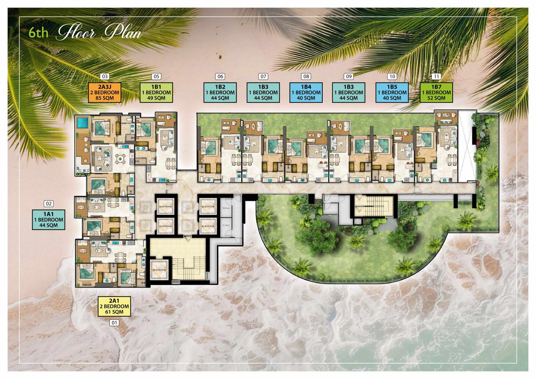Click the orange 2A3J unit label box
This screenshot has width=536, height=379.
point(105,92)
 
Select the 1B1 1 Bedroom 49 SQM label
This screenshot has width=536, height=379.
point(156,92)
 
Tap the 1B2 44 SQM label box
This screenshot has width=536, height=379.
point(220,92)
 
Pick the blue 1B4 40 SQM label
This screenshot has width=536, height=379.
point(306,92)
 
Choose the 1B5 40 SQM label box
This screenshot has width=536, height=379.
point(392,92)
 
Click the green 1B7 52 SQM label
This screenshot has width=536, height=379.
point(436,92)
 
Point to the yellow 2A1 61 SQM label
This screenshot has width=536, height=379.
point(114,306)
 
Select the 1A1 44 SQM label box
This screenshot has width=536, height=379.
point(49,220)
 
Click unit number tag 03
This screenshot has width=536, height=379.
point(105,76)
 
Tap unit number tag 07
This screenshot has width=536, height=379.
point(263,76)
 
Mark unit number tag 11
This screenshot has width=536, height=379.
point(436,76)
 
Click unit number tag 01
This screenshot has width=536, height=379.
point(114,323)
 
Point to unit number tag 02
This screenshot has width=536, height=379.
point(49,204)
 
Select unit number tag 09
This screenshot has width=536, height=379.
point(349,76)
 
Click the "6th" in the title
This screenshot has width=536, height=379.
point(38,33)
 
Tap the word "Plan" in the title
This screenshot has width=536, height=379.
point(122,33)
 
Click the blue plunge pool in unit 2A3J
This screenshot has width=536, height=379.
point(82,123)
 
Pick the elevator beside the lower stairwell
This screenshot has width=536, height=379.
point(159,270)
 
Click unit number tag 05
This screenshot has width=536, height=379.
point(156,76)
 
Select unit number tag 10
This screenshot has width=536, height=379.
point(392,76)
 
